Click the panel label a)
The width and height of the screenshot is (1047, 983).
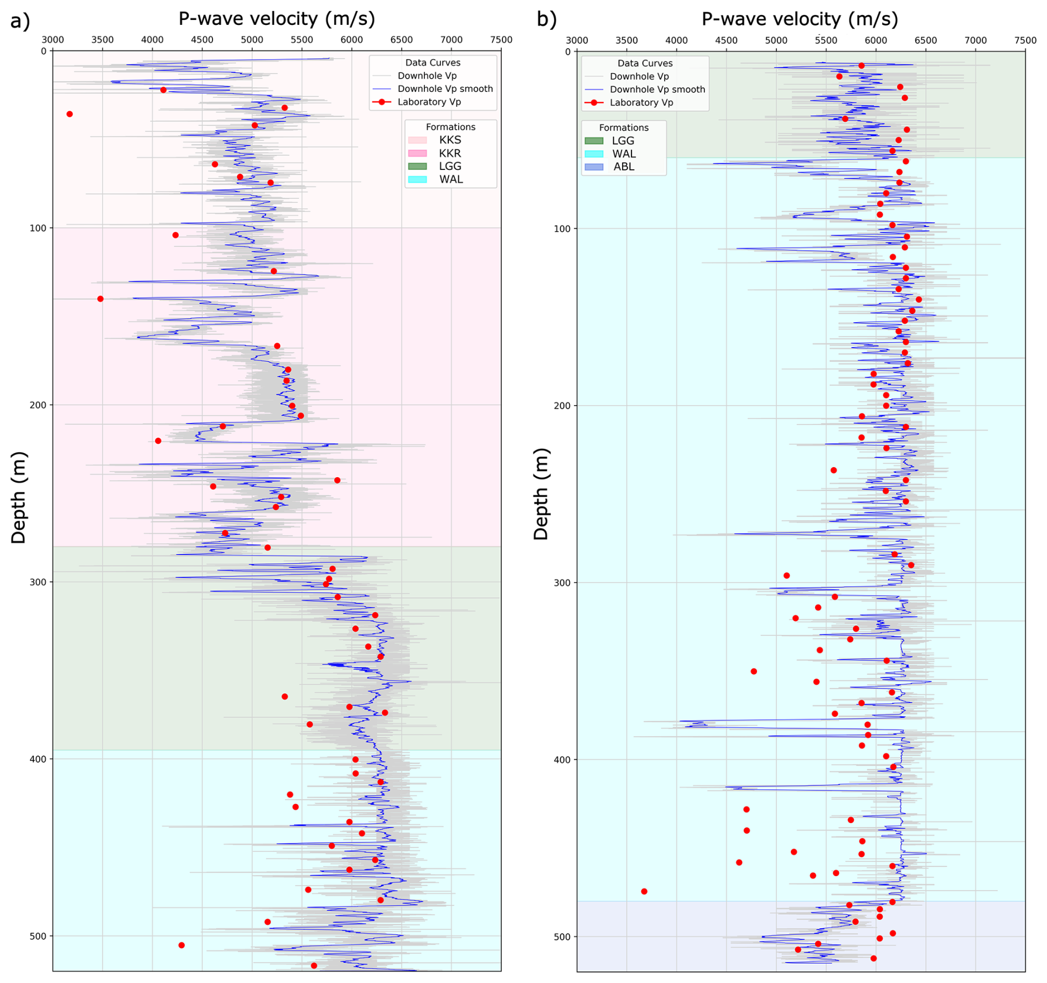point(20,21)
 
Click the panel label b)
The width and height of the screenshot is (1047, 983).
point(546,20)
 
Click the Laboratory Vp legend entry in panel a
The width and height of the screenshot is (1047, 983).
point(429,102)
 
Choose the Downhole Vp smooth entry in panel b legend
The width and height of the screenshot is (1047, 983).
point(657,90)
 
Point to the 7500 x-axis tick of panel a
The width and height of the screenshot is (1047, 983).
point(501,40)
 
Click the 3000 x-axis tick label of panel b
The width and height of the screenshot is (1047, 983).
point(577,40)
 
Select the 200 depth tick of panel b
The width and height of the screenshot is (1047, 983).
point(562,406)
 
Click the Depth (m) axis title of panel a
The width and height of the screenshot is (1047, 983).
point(19,497)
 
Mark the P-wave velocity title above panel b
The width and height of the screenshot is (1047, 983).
point(800,19)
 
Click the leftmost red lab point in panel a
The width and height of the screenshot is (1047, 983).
point(70,114)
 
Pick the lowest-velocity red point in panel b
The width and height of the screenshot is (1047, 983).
point(644,891)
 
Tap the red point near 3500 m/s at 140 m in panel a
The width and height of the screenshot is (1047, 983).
point(100,299)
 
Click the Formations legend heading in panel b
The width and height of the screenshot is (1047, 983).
point(624,128)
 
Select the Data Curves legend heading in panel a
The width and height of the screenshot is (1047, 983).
point(432,63)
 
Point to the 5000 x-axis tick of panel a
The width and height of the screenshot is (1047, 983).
point(252,40)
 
